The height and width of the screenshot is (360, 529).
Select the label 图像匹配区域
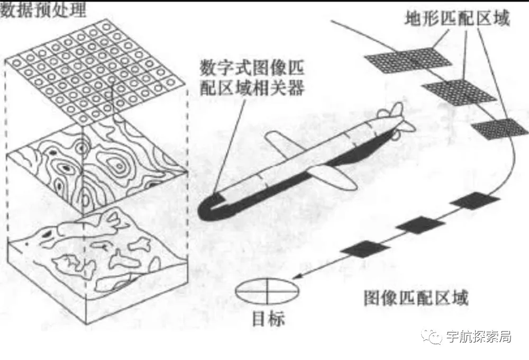[x=415, y=299]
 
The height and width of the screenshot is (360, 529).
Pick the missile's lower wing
[x=331, y=177]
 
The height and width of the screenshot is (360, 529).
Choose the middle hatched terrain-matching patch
[x=458, y=91]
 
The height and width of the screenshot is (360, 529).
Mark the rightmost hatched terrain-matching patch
[x=499, y=128]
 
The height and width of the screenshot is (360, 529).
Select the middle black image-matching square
[x=420, y=224]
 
